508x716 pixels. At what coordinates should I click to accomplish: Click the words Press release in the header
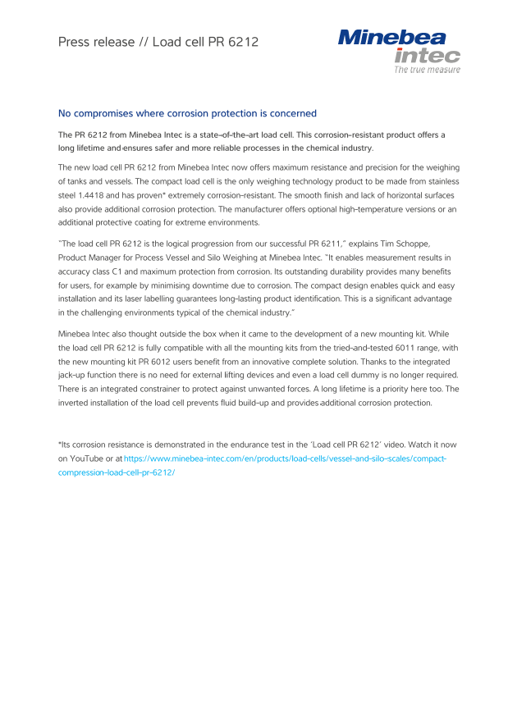coord(90,42)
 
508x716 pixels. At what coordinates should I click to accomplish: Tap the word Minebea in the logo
coord(391,38)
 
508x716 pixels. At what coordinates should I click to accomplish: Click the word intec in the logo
coord(427,55)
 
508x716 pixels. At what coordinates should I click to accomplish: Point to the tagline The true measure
coord(427,70)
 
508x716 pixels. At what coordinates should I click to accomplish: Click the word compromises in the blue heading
coord(112,113)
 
